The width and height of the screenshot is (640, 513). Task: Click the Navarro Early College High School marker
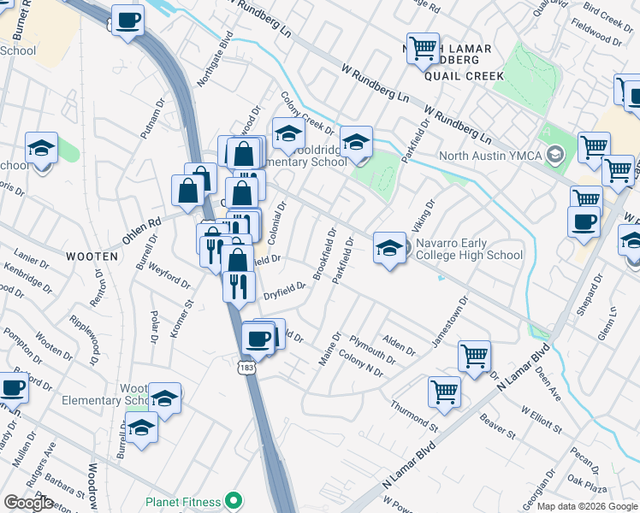tap(389, 249)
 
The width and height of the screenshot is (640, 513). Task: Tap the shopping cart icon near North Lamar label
tap(423, 49)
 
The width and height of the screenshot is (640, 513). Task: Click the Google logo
tap(28, 503)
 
